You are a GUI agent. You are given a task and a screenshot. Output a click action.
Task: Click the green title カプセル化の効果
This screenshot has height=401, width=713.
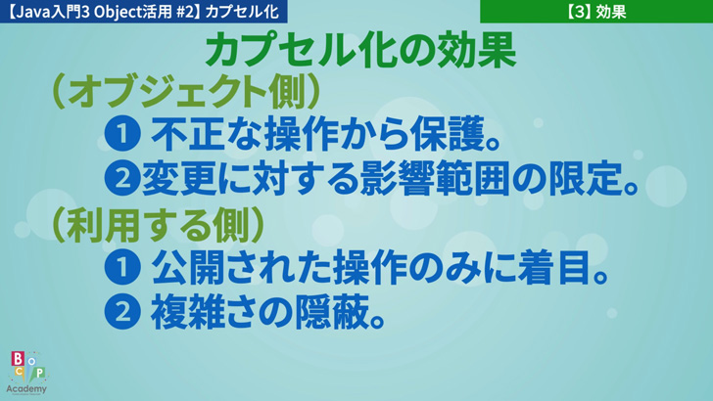point(361,51)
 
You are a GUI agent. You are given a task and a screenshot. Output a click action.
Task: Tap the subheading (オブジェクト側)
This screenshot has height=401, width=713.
point(186,93)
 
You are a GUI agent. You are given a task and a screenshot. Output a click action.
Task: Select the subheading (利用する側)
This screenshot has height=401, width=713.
point(159,226)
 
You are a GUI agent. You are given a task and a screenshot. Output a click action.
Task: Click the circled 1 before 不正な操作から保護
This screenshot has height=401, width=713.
point(121,134)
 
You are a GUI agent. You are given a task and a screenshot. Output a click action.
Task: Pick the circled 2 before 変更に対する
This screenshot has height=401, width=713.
point(121,178)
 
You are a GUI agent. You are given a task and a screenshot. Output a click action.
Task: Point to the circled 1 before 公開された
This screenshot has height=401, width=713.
point(121,267)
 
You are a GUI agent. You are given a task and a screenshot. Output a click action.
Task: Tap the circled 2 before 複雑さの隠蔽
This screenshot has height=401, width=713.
point(121,312)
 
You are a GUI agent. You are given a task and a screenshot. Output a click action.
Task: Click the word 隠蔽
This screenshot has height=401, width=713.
point(331,312)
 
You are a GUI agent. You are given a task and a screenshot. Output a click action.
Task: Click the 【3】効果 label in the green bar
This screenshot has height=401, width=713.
point(596,12)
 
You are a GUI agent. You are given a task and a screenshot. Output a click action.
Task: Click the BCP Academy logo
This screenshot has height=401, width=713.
point(26,373)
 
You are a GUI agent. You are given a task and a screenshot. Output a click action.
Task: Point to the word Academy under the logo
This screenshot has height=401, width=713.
point(26,389)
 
